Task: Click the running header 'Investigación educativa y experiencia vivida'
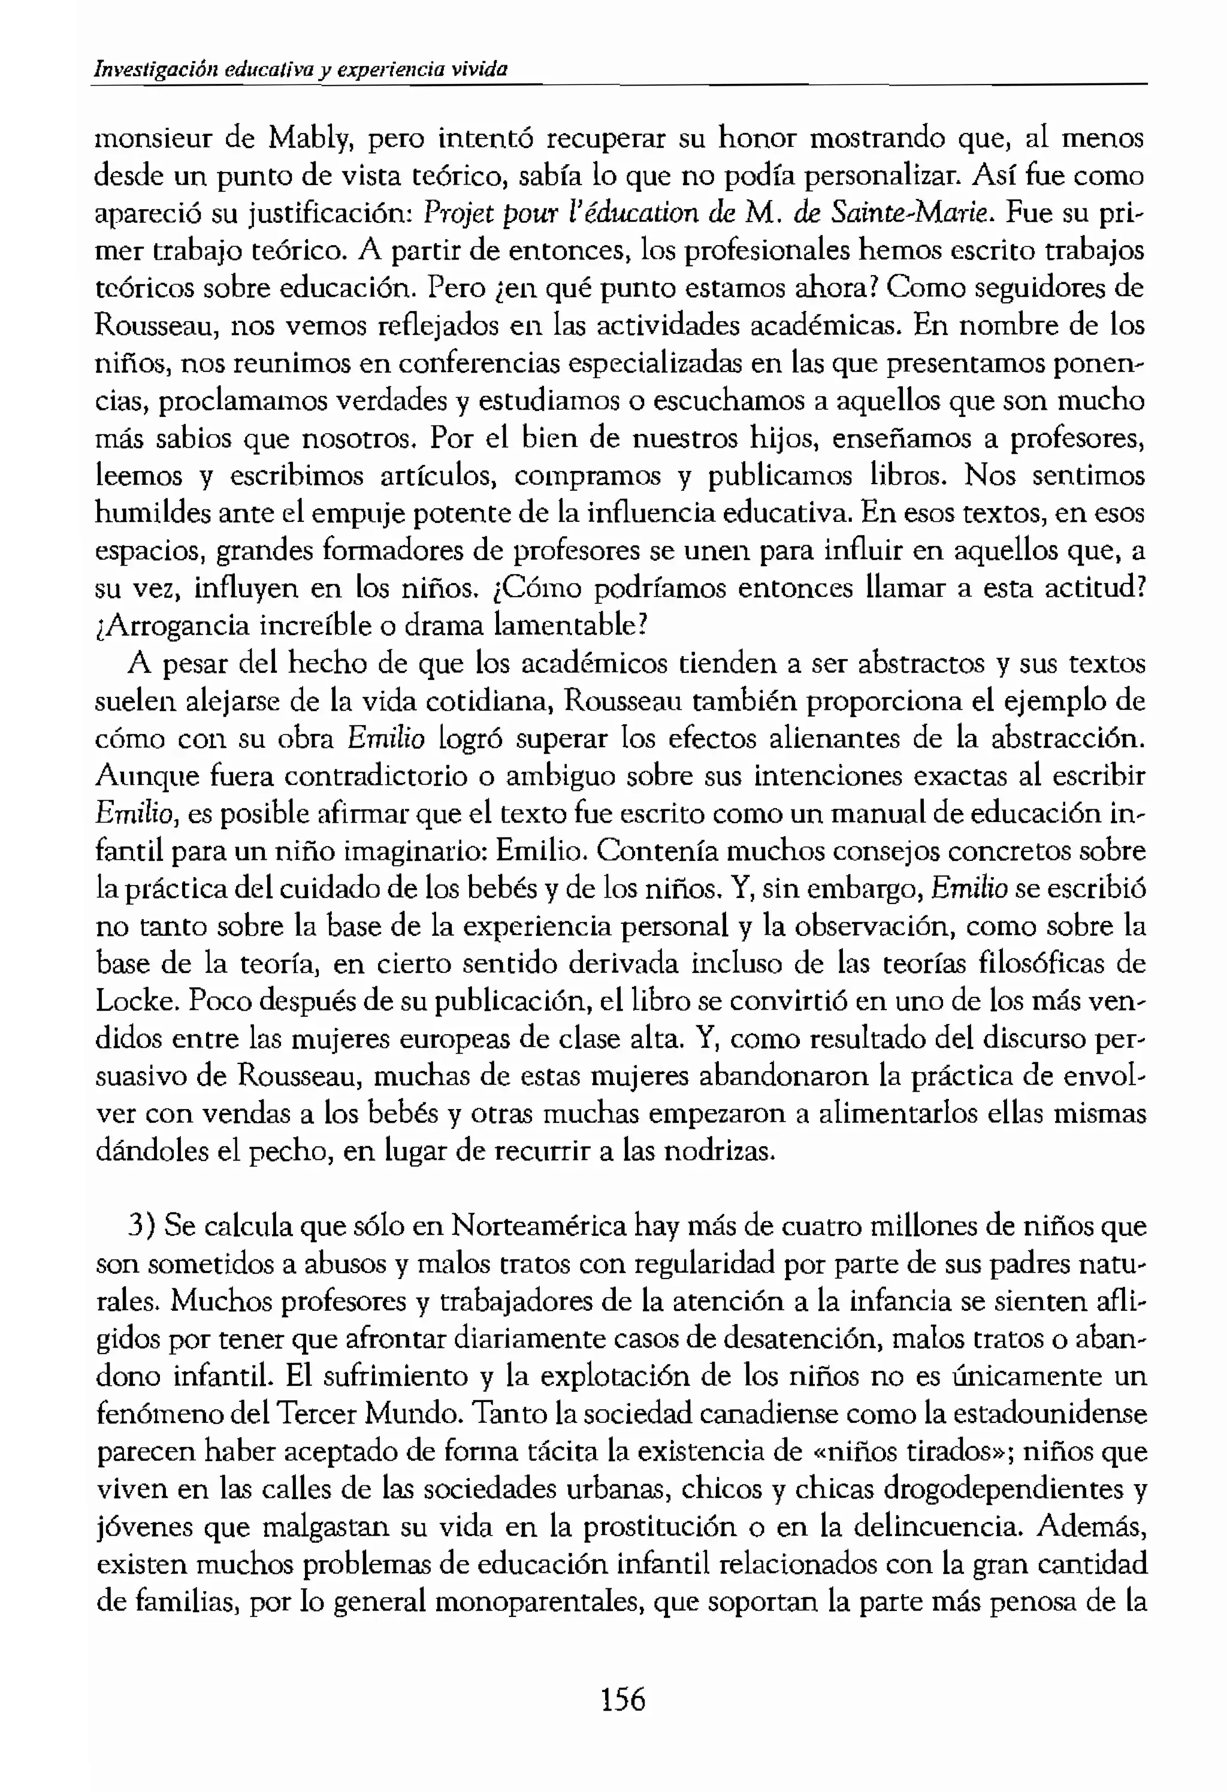[x=301, y=69]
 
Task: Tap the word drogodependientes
[x=993, y=1489]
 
